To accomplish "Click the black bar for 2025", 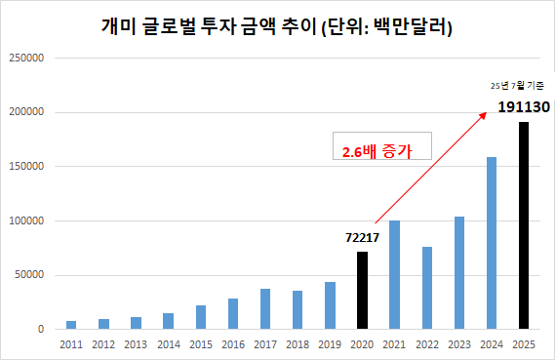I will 524,225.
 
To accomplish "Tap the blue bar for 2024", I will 492,243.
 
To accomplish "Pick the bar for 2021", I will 394,274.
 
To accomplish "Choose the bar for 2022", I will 426,288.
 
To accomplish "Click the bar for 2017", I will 265,308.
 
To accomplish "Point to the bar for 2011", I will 71,325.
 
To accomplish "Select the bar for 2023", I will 458,272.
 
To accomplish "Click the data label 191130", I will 524,106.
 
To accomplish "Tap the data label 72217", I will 361,237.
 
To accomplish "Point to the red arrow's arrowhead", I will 485,113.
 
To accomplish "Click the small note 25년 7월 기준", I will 517,86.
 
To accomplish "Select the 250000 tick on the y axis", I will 26,58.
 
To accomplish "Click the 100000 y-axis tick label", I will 26,220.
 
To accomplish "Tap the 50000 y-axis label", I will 29,275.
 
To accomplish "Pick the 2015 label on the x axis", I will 200,344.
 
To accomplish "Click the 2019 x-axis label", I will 330,344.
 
